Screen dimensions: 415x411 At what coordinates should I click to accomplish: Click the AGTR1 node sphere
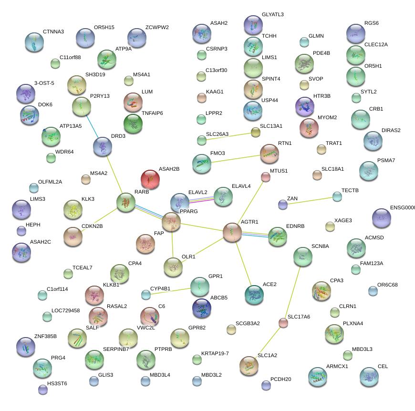[232, 232]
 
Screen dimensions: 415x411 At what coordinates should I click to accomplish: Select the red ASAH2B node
[150, 179]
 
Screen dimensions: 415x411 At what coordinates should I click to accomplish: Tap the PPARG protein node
[171, 222]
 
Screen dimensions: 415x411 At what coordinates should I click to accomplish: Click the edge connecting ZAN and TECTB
[310, 200]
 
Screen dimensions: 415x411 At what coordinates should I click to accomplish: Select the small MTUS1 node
[266, 177]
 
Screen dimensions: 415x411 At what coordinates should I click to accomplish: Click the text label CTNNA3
[53, 32]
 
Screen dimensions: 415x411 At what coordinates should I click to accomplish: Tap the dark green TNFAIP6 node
[133, 123]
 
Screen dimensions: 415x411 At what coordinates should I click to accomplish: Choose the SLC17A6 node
[283, 323]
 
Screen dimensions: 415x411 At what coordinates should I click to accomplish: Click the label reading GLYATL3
[273, 15]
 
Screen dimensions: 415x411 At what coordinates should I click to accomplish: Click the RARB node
[125, 203]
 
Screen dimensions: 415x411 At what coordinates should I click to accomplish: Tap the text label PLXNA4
[353, 324]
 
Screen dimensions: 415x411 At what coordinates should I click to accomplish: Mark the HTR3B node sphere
[305, 106]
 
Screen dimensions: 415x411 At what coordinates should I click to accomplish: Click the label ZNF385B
[46, 336]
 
